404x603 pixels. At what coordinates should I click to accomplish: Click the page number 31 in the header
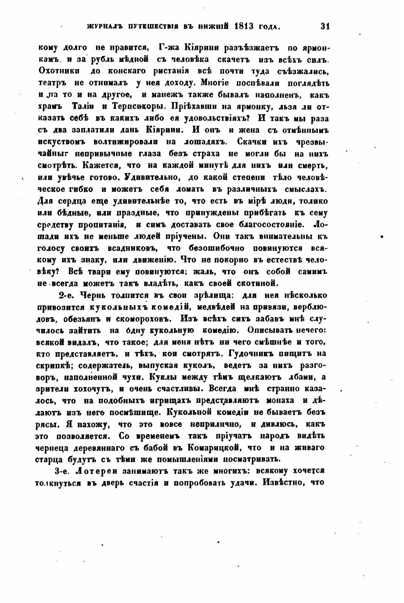(325, 26)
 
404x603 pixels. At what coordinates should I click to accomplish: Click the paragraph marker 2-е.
(66, 295)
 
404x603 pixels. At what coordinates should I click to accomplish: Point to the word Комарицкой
(212, 448)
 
